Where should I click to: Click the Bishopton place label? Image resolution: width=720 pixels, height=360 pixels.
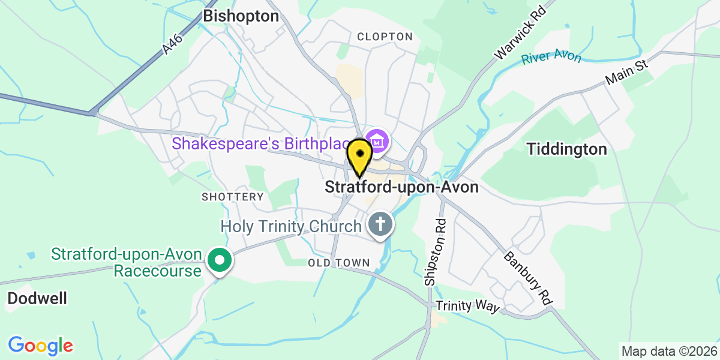[241, 16]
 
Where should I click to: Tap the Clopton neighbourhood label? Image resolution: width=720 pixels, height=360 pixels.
[385, 37]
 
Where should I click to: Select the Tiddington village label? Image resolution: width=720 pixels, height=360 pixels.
[567, 149]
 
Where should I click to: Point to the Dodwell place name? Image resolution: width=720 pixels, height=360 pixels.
[38, 298]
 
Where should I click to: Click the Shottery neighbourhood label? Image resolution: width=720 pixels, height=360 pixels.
[233, 197]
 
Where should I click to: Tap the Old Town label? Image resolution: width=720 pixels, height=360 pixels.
[339, 263]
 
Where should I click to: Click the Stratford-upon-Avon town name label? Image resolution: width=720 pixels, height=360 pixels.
[401, 187]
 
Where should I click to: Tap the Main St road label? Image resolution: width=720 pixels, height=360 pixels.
[628, 71]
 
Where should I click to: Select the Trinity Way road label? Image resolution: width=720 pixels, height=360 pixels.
[467, 306]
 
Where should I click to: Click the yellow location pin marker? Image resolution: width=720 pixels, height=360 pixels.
[360, 154]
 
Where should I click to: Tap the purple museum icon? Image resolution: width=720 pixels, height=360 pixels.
[378, 142]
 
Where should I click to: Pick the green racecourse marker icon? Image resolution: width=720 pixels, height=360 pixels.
[219, 260]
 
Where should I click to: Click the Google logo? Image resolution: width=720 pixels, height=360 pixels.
[40, 346]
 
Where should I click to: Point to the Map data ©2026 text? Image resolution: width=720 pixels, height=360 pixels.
[669, 351]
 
